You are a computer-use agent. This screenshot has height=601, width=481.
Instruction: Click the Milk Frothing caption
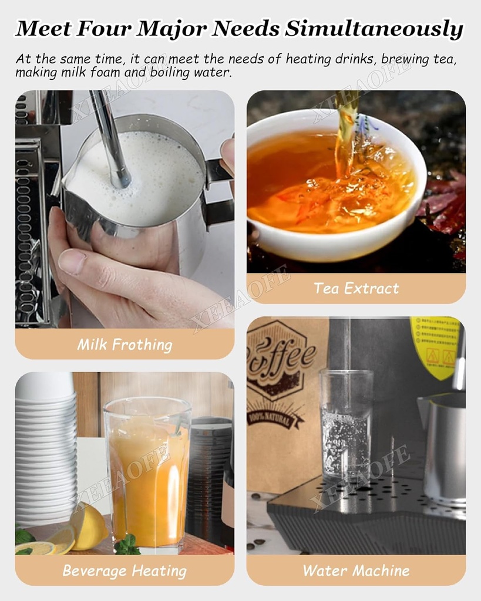[125, 344]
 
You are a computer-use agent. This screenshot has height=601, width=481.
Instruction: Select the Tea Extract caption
[356, 288]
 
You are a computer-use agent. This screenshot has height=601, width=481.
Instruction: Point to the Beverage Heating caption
[125, 570]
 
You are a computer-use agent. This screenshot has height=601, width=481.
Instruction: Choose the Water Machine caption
[356, 570]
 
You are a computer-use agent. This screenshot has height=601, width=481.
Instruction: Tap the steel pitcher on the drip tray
[443, 446]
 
